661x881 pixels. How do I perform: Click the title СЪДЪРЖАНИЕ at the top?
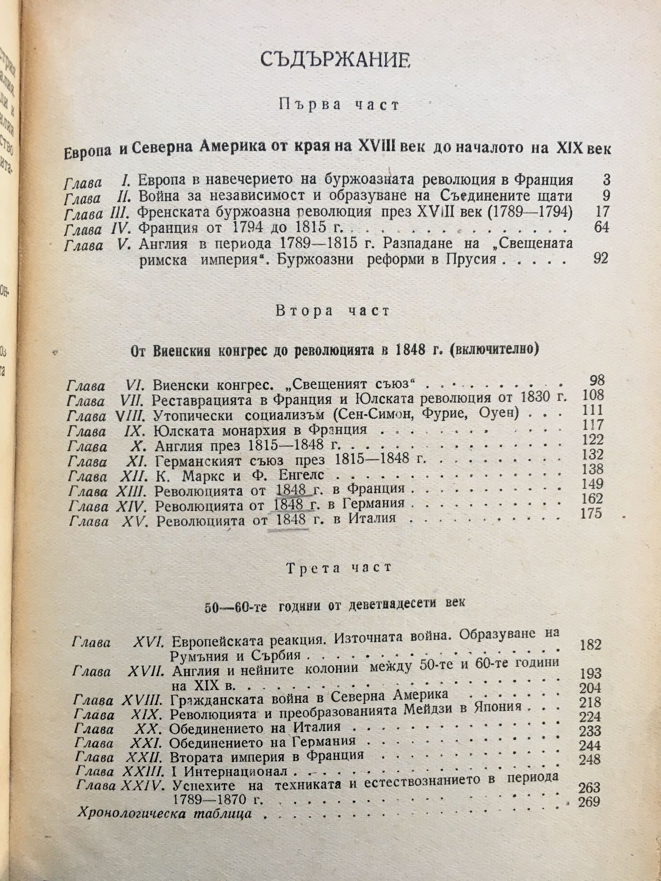coord(335,61)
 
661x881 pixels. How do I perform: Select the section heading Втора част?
coord(333,311)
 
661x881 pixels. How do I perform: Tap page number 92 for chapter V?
coord(600,259)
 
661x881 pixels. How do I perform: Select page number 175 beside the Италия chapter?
coord(591,514)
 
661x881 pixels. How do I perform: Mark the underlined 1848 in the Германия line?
coord(290,504)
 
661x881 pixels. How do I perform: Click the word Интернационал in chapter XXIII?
coord(235,771)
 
